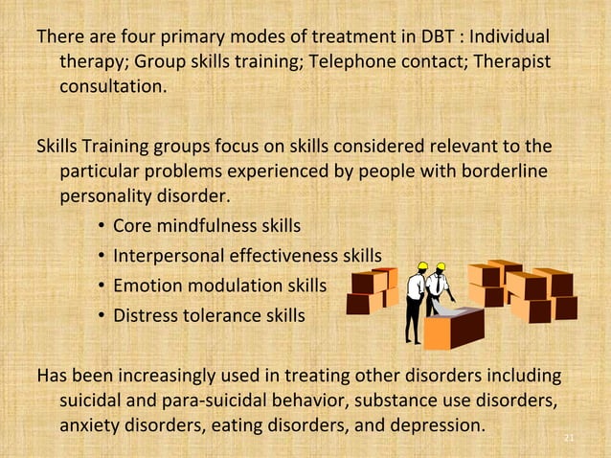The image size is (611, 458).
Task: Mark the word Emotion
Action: tap(146, 286)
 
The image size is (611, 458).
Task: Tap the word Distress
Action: tap(144, 314)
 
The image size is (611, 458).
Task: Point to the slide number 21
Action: tap(569, 440)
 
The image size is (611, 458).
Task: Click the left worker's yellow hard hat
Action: tap(422, 265)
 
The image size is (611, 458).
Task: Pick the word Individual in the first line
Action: tap(507, 37)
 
